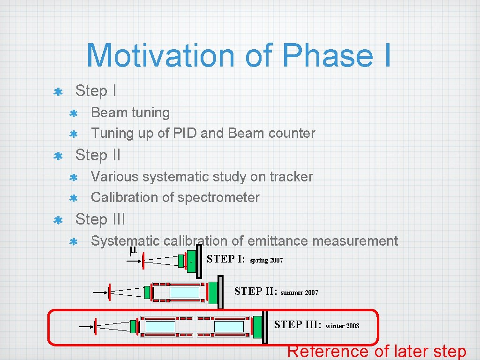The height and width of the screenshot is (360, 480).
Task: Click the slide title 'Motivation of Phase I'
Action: (239, 55)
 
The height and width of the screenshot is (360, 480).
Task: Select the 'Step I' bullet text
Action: (96, 91)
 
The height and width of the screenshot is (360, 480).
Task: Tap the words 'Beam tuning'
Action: (130, 112)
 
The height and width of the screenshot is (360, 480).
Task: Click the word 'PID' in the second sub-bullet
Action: (185, 133)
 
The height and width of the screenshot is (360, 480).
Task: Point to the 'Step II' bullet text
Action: (98, 155)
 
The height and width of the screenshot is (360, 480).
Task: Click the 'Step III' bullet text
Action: (100, 219)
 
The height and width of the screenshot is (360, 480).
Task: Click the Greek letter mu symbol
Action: (133, 250)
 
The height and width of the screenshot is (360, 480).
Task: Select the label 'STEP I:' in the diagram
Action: (225, 259)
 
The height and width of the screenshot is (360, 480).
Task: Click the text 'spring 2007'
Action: (266, 260)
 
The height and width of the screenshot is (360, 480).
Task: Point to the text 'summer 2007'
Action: (299, 292)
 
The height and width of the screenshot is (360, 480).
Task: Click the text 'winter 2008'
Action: (342, 326)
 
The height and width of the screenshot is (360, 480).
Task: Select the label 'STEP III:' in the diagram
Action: (297, 325)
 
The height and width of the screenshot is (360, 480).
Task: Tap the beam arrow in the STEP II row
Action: (99, 292)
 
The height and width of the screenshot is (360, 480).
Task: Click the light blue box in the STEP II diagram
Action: (184, 292)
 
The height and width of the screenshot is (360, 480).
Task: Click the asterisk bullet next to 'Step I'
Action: (59, 92)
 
